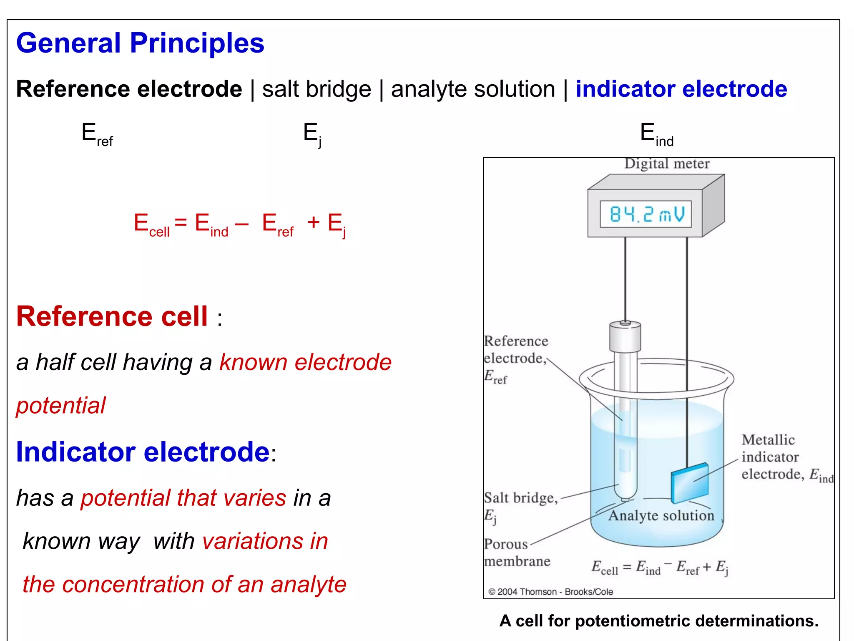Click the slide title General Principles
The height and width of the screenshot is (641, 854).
tap(140, 43)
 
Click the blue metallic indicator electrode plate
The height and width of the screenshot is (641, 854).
tap(689, 483)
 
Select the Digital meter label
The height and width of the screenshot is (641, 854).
tap(666, 164)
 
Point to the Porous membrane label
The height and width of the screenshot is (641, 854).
tap(516, 553)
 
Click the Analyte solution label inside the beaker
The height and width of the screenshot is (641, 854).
tap(661, 516)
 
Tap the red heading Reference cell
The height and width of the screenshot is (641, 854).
tap(112, 316)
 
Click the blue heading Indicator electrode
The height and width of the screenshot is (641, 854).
tap(143, 452)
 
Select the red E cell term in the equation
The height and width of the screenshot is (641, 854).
tap(151, 224)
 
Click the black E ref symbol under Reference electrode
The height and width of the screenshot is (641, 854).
tap(97, 134)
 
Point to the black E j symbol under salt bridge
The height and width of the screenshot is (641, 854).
tap(312, 134)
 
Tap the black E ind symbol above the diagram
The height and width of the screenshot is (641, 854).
tap(656, 134)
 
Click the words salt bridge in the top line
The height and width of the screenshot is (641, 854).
tap(316, 89)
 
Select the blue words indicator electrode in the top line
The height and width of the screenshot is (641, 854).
tap(681, 89)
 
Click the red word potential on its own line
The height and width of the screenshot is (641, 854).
tap(61, 405)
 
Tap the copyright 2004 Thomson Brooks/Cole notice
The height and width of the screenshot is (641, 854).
tap(550, 592)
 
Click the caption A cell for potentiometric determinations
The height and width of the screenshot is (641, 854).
tap(659, 621)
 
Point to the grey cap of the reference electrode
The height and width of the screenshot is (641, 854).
tap(625, 337)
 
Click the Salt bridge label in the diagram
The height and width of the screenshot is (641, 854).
tap(520, 498)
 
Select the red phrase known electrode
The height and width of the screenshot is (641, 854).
tap(305, 362)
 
